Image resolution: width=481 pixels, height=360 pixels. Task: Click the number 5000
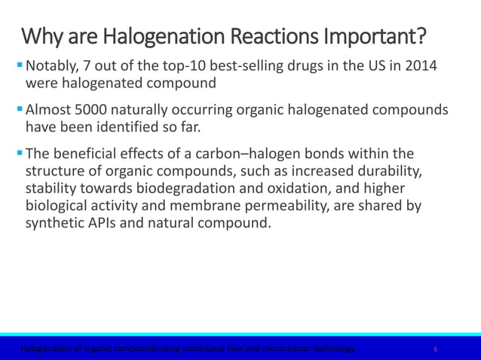pyautogui.click(x=91, y=110)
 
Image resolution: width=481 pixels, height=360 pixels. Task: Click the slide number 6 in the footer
pyautogui.click(x=436, y=349)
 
